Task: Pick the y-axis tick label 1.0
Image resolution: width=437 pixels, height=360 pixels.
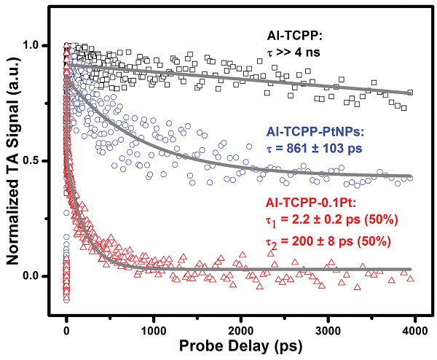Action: click(36, 45)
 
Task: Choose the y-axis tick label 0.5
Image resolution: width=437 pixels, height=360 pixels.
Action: click(36, 160)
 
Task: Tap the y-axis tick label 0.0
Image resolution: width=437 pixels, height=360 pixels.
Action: click(36, 276)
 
